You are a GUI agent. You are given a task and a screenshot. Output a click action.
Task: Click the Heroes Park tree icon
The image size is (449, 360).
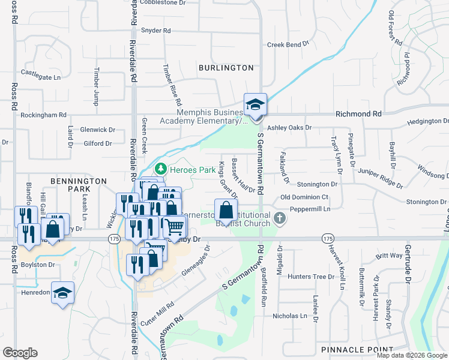click(160, 170)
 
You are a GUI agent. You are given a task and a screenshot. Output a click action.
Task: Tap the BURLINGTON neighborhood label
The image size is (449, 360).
click(226, 68)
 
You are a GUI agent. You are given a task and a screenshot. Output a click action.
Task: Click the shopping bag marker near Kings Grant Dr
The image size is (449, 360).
click(225, 211)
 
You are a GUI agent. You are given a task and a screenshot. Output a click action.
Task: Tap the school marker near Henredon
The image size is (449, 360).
click(62, 293)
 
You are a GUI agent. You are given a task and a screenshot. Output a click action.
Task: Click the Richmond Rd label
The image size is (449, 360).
click(358, 113)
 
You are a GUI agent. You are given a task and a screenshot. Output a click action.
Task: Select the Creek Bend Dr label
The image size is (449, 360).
click(288, 44)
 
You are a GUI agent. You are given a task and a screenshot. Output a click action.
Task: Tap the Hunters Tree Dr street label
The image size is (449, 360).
click(310, 277)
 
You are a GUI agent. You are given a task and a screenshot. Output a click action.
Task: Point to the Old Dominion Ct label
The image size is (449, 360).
click(304, 197)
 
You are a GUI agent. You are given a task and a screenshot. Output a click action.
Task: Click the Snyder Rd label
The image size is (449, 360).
click(155, 31)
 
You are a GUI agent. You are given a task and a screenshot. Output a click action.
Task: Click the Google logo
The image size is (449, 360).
click(20, 352)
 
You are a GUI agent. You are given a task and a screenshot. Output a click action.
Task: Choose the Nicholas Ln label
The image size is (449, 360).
click(290, 316)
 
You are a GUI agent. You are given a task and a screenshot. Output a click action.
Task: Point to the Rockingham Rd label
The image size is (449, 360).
click(43, 115)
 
